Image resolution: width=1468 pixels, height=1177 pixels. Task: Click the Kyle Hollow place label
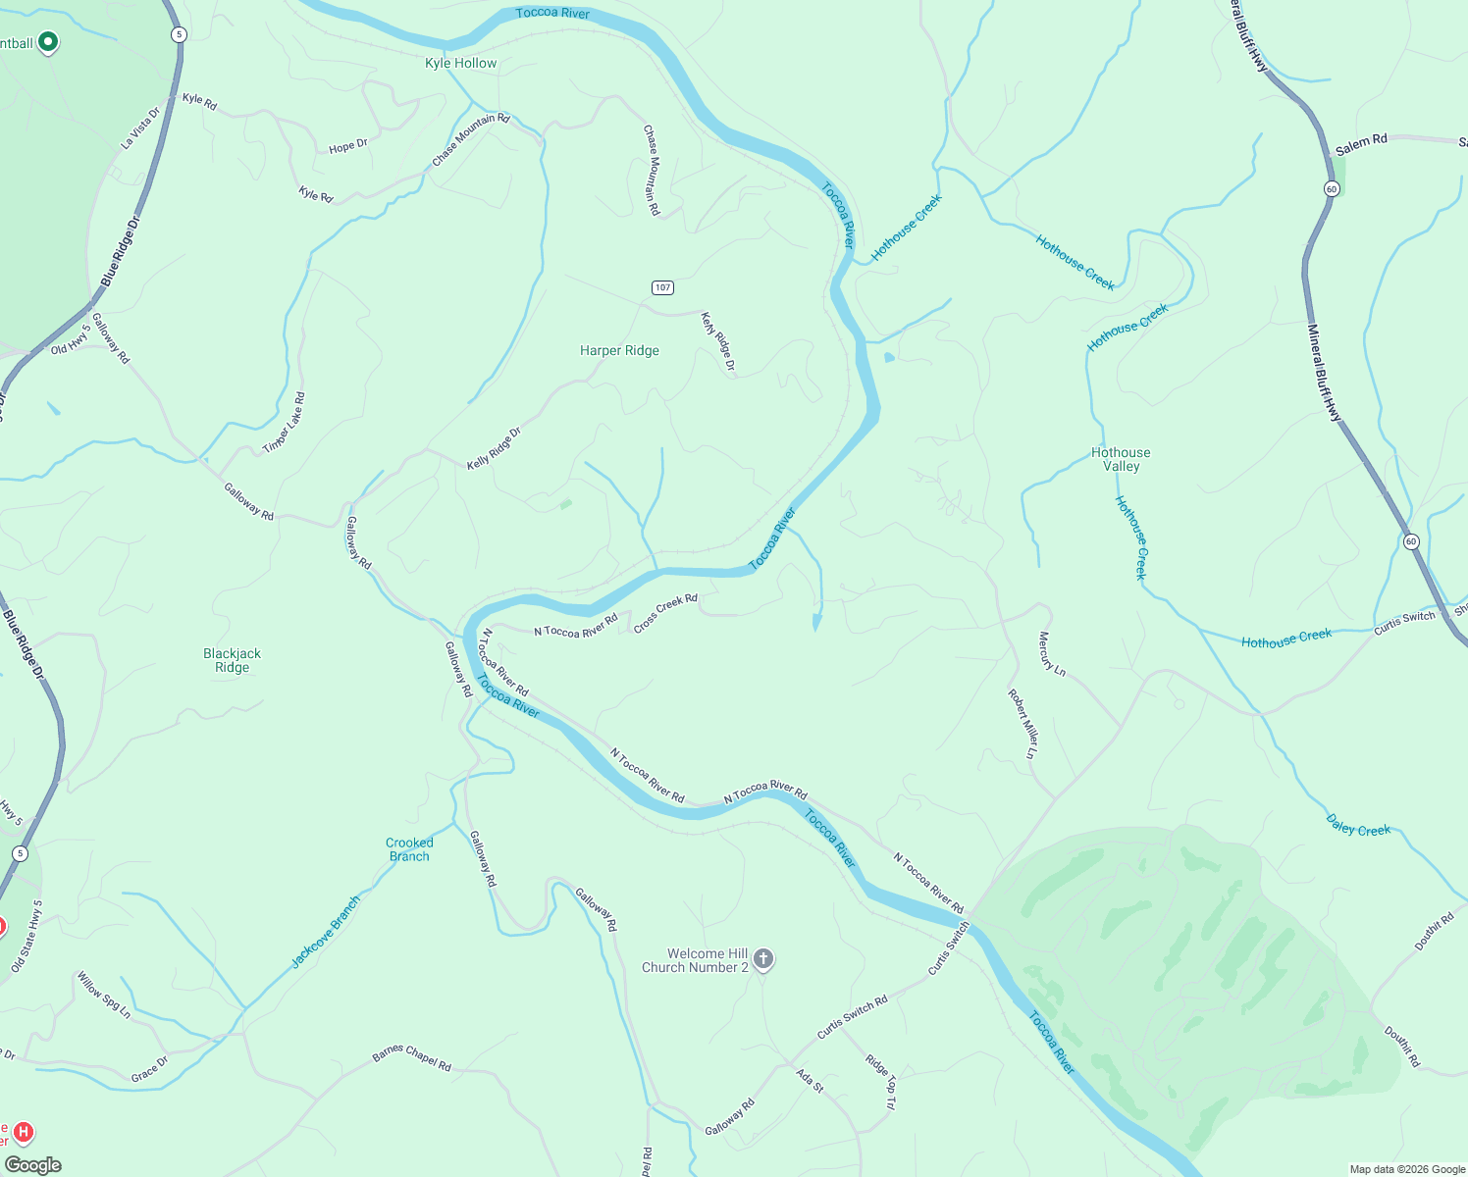point(460,63)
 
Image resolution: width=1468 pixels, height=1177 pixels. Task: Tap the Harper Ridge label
point(619,350)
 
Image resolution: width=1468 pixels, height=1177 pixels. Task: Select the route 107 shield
point(662,287)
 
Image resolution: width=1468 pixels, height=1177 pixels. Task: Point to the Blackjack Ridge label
point(233,660)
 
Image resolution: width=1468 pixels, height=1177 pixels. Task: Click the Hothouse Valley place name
point(1121,459)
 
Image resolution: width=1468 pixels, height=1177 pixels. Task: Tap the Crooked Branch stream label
point(409,849)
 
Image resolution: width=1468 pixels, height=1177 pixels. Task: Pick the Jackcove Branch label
point(326,932)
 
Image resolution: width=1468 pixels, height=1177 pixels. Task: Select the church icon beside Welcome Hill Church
point(763,959)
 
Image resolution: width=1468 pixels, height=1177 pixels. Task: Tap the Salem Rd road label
point(1361,144)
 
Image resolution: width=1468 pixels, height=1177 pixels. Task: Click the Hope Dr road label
point(348,146)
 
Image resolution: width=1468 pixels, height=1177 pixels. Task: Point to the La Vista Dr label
point(140,128)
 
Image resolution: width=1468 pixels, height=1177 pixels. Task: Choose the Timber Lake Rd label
point(285,423)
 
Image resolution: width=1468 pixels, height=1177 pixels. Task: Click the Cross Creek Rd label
point(665,613)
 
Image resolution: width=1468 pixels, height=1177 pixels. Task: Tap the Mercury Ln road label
point(1052,653)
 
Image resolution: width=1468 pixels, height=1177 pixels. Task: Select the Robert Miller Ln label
point(1022,723)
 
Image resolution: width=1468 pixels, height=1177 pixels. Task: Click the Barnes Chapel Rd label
point(411,1058)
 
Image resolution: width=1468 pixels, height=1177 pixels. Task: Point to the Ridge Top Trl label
point(880,1081)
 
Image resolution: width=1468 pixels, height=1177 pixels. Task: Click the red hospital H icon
point(24,1133)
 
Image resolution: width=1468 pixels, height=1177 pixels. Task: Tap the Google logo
point(32,1165)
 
